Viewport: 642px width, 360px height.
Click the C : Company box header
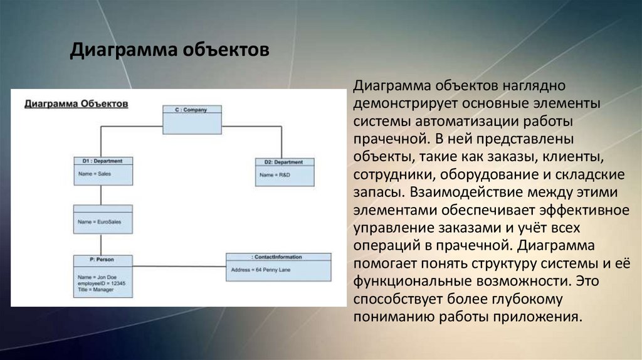coord(193,109)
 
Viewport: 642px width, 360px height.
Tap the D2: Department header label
coord(285,162)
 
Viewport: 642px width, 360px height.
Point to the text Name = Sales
coord(94,174)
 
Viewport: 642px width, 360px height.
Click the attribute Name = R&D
coord(275,174)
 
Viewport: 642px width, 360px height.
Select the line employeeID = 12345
coord(102,283)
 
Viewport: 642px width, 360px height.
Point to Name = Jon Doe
coord(97,277)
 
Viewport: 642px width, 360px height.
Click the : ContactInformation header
coord(278,257)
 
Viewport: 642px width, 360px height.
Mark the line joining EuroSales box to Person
coord(103,244)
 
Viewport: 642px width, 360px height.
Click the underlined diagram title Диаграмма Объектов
coord(76,103)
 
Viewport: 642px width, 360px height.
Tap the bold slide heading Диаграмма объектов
coord(169,50)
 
